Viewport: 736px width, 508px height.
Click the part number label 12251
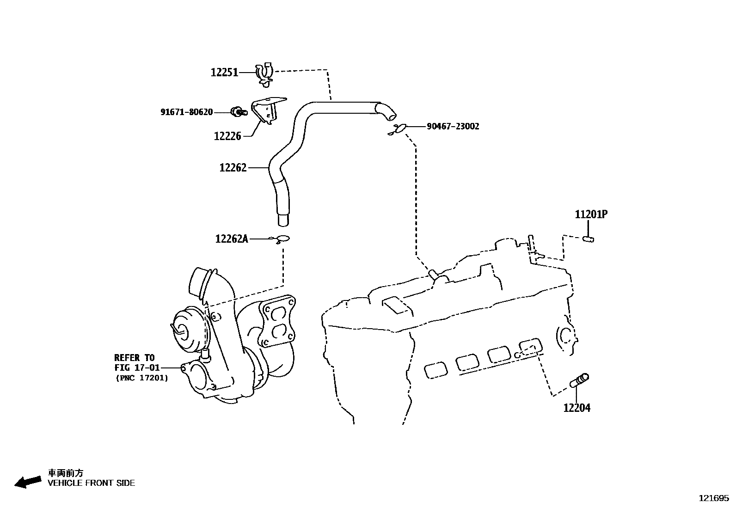[224, 73]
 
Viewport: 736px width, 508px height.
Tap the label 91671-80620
[186, 112]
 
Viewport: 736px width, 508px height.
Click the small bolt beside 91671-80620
[238, 111]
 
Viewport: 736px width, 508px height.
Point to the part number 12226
[227, 136]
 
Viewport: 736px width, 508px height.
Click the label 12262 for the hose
[233, 168]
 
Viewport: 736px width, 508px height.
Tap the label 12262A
[231, 239]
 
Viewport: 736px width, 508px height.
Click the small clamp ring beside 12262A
[282, 239]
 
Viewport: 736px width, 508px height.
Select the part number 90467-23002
[453, 126]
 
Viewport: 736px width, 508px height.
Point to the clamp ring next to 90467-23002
[398, 129]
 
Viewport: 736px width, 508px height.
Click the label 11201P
[591, 214]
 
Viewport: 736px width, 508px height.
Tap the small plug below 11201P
[589, 239]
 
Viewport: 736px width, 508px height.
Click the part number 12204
[577, 408]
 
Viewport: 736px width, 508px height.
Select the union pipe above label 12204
[579, 380]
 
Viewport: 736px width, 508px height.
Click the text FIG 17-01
[137, 368]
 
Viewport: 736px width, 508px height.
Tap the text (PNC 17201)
[141, 378]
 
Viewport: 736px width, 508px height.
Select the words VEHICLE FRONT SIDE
[92, 484]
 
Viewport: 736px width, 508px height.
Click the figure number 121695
[713, 498]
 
